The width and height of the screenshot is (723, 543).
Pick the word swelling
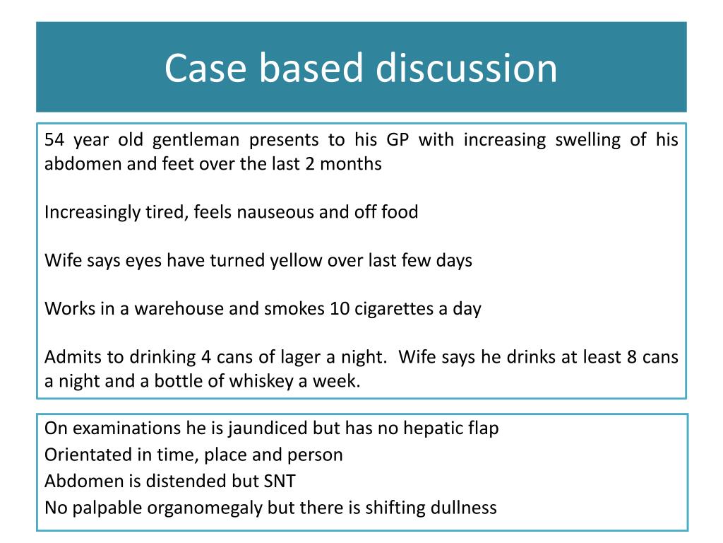click(587, 140)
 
